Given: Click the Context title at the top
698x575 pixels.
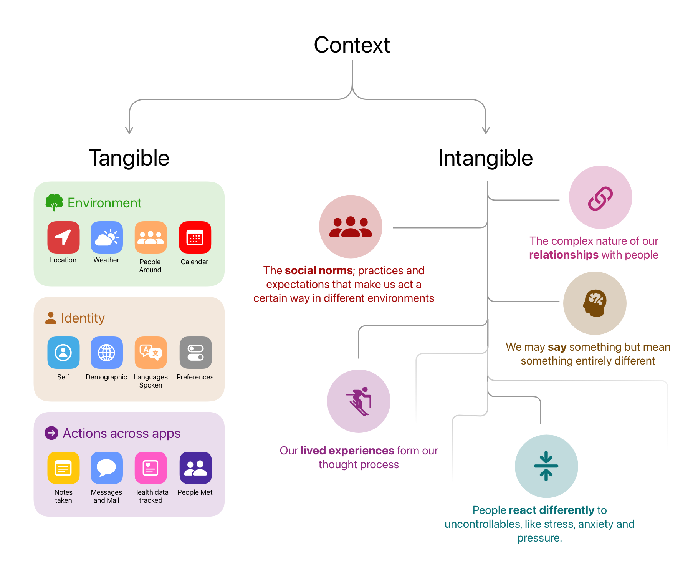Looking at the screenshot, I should (x=352, y=45).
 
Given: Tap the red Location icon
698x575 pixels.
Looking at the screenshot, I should (x=63, y=237).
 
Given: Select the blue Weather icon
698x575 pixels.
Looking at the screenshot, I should (x=107, y=237).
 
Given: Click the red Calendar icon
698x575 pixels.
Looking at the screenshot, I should (x=195, y=237).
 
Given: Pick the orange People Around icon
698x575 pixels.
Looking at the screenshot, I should (x=151, y=237).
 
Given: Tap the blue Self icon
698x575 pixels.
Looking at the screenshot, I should (x=63, y=353).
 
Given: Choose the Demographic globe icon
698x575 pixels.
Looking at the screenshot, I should (x=107, y=353).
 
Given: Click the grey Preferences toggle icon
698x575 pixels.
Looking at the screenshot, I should (x=195, y=353).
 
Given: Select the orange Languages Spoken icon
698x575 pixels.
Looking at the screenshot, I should (x=151, y=353).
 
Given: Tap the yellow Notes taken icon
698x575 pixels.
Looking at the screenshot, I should (x=63, y=468).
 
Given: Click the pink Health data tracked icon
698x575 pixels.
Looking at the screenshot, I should (x=151, y=468).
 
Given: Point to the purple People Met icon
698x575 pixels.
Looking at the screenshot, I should (x=195, y=468).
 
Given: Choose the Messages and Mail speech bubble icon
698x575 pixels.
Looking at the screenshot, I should (x=107, y=468).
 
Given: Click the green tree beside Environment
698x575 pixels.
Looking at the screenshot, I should (x=54, y=202).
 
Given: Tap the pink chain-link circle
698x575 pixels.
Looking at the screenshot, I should (x=600, y=197).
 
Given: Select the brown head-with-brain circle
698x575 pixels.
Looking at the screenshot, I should (x=595, y=303).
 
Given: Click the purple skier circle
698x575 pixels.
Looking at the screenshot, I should (x=359, y=401).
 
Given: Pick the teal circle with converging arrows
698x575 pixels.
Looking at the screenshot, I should (x=546, y=466).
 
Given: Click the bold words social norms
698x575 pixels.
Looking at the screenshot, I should (x=319, y=271).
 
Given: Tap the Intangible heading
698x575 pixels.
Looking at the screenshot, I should (x=485, y=158).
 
